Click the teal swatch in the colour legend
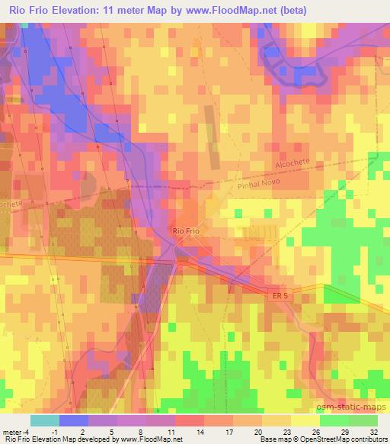tap(44, 420)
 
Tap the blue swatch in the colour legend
tap(73, 420)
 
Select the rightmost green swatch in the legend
tap(363, 420)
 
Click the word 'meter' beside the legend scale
tap(12, 431)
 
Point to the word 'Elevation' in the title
tap(87, 10)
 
